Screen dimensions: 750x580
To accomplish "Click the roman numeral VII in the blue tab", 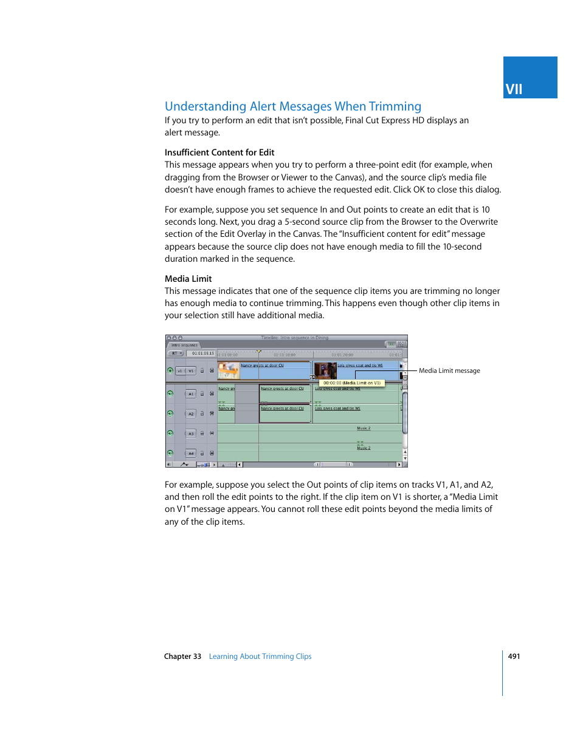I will pos(514,89).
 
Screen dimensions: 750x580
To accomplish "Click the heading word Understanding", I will pos(205,106).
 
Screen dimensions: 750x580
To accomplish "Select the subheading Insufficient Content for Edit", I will pos(219,152).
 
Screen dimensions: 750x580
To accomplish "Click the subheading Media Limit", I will pos(188,279).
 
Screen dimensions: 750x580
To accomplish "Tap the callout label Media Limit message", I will pos(449,370).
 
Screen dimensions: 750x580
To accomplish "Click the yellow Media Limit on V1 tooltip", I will pos(351,383).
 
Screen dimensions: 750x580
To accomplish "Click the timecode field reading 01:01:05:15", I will pos(203,353).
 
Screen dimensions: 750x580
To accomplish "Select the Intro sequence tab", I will pos(184,345).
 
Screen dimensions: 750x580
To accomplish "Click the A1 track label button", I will pos(191,394).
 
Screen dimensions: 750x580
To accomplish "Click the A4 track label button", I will pos(191,453).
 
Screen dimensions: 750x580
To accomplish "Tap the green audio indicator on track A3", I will pos(170,433).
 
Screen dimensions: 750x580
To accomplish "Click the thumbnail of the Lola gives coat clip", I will pos(325,370).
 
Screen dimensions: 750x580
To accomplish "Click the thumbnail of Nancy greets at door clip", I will pos(228,370).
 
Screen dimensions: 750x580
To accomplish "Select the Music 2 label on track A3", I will pos(364,428).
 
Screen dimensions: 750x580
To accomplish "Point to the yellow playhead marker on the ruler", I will pos(258,352).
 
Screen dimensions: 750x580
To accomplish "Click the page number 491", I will pos(514,656).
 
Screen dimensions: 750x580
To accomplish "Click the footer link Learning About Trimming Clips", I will pos(260,656).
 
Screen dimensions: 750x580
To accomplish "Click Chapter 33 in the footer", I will pos(182,656).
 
